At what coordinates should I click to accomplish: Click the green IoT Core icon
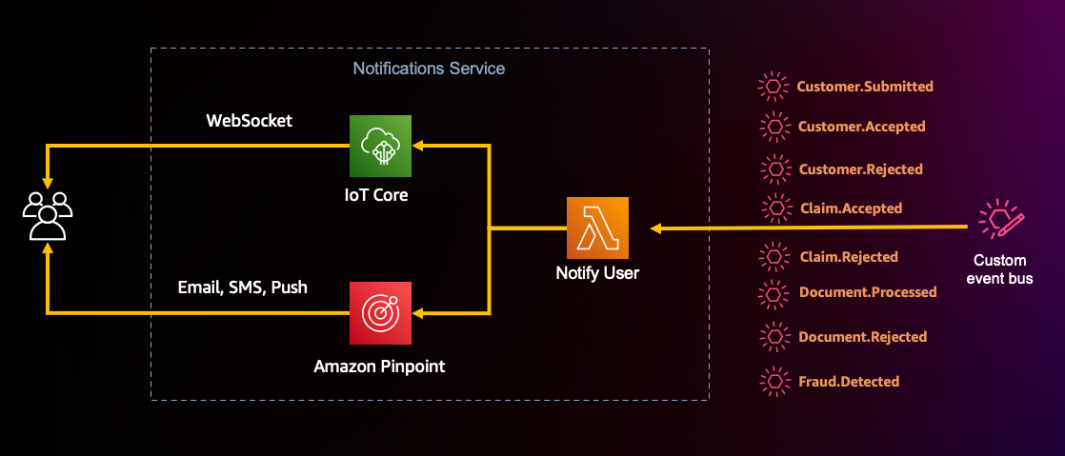pyautogui.click(x=380, y=146)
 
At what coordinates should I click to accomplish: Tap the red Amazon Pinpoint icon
pyautogui.click(x=380, y=312)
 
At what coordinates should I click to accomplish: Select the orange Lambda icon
pyautogui.click(x=597, y=228)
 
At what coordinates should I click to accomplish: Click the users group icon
pyautogui.click(x=47, y=216)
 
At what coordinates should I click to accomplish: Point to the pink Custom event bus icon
pyautogui.click(x=1000, y=221)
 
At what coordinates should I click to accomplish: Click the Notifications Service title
pyautogui.click(x=429, y=69)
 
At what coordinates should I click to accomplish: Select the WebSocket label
pyautogui.click(x=250, y=121)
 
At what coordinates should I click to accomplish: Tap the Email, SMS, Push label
pyautogui.click(x=242, y=287)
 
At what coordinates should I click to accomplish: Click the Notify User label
pyautogui.click(x=597, y=273)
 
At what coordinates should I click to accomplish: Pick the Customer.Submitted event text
pyautogui.click(x=865, y=87)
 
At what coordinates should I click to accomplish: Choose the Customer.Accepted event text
pyautogui.click(x=861, y=127)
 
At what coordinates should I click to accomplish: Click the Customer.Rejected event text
pyautogui.click(x=860, y=169)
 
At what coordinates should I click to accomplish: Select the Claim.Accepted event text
pyautogui.click(x=850, y=208)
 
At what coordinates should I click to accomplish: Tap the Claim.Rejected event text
pyautogui.click(x=848, y=257)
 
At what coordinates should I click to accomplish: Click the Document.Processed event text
pyautogui.click(x=867, y=292)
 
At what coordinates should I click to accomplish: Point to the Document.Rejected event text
pyautogui.click(x=862, y=337)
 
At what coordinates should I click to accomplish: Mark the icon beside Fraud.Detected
pyautogui.click(x=774, y=381)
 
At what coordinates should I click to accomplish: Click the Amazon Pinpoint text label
pyautogui.click(x=380, y=367)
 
